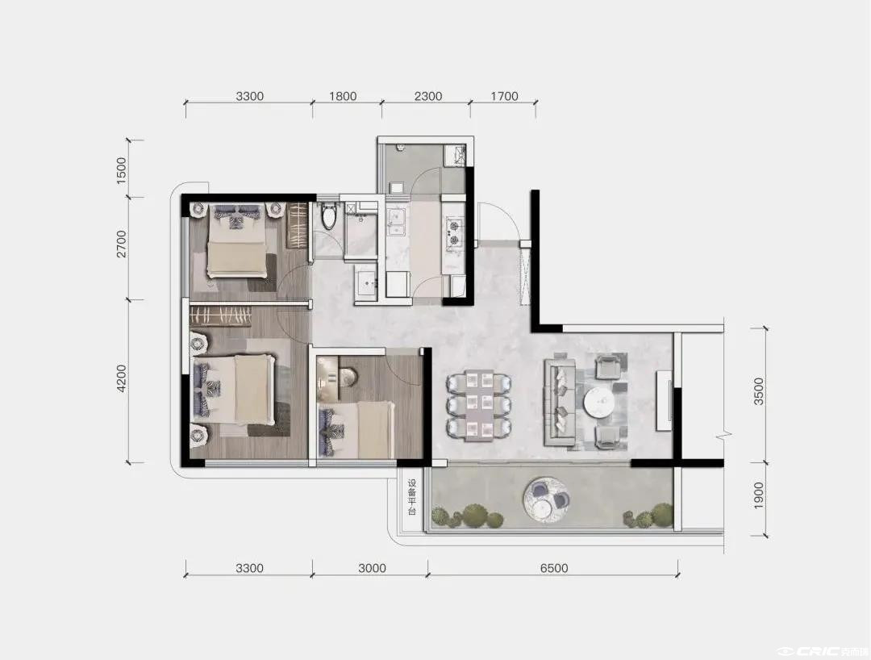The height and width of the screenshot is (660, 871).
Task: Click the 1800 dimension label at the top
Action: tap(343, 96)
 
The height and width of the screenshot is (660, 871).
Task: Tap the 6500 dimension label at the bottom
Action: tap(554, 568)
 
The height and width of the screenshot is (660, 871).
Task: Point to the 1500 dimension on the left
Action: tap(121, 170)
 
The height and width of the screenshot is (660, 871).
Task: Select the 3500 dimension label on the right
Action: tap(759, 391)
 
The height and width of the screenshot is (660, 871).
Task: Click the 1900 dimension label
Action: tap(759, 495)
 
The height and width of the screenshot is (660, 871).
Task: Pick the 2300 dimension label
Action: tap(428, 96)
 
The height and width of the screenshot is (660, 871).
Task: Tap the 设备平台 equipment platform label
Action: tap(411, 496)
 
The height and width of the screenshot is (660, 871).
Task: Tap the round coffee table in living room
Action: tap(598, 401)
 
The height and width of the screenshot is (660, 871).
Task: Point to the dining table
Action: tap(479, 404)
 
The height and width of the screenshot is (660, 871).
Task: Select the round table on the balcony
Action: tap(547, 499)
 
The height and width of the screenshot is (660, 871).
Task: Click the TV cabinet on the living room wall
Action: tap(665, 400)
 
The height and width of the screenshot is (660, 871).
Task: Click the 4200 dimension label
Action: tap(121, 378)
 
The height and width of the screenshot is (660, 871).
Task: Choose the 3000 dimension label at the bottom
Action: tap(372, 568)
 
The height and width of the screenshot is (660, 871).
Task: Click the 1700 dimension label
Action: tap(504, 96)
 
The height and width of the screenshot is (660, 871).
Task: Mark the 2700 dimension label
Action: tap(121, 244)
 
